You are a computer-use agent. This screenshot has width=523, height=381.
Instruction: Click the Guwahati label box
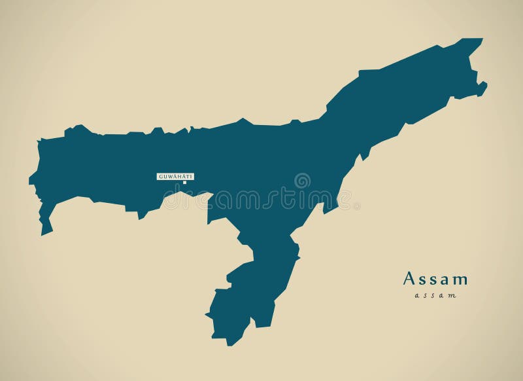[x=175, y=176]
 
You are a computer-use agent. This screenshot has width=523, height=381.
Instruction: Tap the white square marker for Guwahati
[x=185, y=183]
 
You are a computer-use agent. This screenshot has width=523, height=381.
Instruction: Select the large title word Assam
[x=435, y=280]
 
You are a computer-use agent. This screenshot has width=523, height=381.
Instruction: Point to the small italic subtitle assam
[x=435, y=296]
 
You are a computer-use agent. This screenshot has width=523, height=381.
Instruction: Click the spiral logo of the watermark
[x=302, y=181]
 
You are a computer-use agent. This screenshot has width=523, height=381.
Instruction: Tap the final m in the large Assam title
[x=461, y=280]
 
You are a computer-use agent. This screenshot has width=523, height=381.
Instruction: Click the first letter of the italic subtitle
[x=416, y=297]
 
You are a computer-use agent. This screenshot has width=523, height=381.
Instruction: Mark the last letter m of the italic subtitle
[x=452, y=297]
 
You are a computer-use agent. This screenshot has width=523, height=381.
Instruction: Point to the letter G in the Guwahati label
[x=160, y=176]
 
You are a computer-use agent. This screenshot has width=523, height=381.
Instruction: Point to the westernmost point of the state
[x=30, y=179]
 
